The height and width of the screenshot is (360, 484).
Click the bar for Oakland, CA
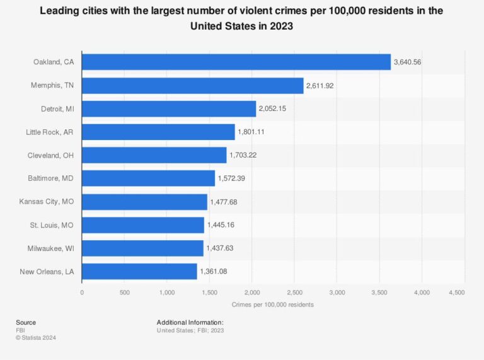[x=236, y=62]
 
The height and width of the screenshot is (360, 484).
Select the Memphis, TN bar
[x=192, y=85]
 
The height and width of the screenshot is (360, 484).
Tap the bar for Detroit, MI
[x=169, y=108]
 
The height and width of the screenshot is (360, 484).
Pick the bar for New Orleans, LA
[x=139, y=271]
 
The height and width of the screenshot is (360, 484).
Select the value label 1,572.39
[x=231, y=178]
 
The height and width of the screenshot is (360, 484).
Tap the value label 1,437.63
[x=220, y=248]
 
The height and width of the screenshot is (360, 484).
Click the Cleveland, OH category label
[x=51, y=155]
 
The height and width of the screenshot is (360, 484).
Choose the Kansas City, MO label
[x=47, y=202]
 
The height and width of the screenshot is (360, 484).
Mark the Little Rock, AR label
[x=50, y=132]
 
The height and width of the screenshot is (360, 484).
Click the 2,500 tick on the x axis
[x=294, y=293]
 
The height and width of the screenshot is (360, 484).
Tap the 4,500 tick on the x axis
[x=456, y=293]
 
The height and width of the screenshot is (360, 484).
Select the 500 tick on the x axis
[x=125, y=293]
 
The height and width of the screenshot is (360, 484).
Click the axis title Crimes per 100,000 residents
[x=272, y=305]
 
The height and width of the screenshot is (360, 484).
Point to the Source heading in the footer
[x=26, y=322]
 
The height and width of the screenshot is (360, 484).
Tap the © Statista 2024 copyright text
[x=37, y=337]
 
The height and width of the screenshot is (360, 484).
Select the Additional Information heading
[x=190, y=322]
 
